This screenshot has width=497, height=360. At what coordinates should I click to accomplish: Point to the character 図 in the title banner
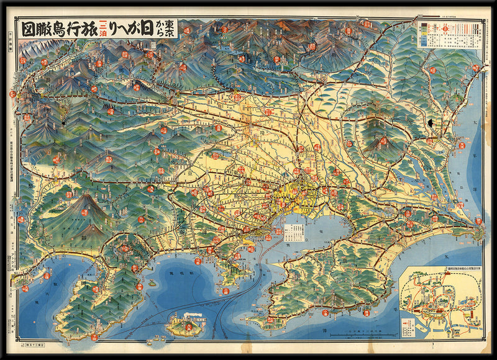pos(28,29)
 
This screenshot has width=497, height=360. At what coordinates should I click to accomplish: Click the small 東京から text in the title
pos(169,29)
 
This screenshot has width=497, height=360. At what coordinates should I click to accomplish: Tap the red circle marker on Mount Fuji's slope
pos(84,212)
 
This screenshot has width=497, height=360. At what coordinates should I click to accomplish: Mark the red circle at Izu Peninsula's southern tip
pos(93,337)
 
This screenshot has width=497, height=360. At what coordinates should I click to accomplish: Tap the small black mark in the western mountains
pos(63,124)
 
